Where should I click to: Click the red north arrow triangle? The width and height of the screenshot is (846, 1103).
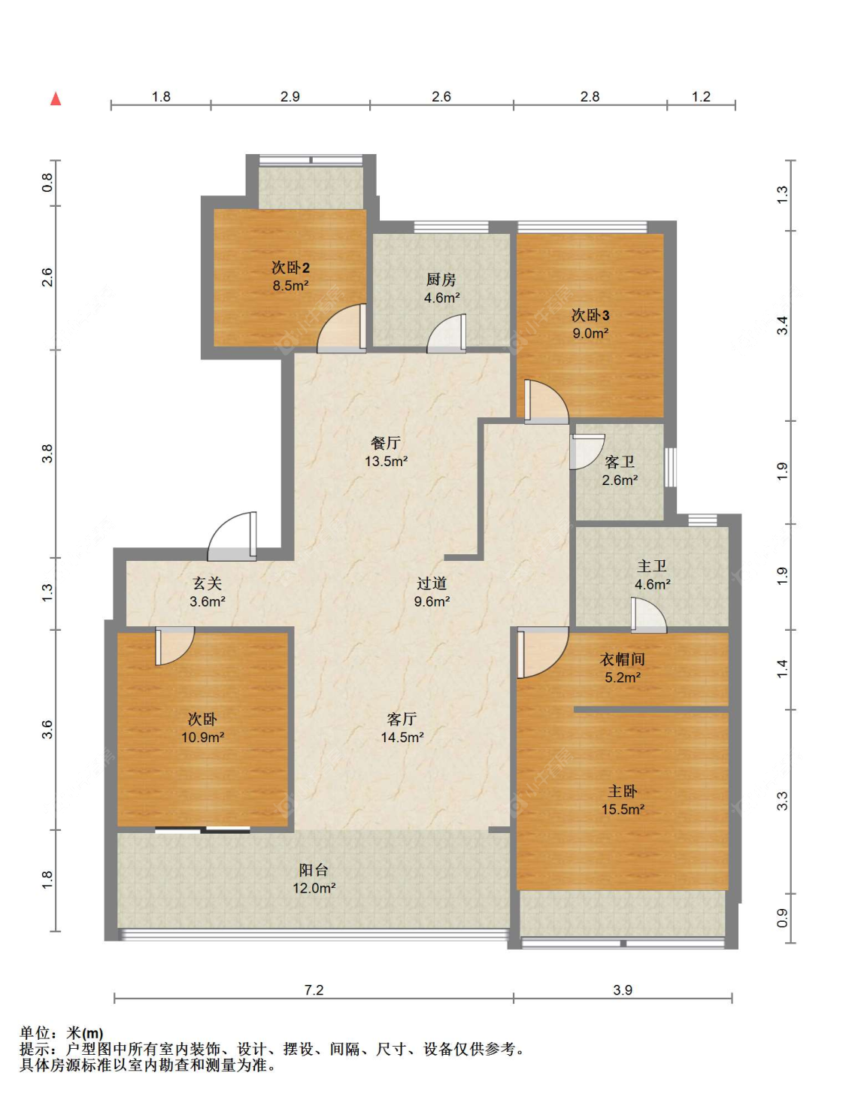coord(56,99)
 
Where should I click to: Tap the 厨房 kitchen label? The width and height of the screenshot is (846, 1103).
coord(441,279)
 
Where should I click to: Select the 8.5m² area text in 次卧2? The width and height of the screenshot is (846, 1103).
coord(291,285)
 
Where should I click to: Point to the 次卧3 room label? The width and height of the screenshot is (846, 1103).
coord(590,315)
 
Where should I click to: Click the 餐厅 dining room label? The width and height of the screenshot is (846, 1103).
coord(386,443)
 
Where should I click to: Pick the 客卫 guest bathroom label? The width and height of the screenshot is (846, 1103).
coord(620,462)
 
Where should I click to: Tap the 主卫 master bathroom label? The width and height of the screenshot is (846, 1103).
coord(652,565)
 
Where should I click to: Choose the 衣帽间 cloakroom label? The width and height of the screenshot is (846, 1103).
coord(622,659)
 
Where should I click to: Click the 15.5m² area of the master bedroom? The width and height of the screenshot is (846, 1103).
coord(623,809)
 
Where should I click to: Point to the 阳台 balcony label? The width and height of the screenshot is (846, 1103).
coord(313,869)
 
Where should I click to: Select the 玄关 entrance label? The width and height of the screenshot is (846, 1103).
coord(207,583)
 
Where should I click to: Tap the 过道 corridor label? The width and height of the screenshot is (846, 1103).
coord(432,583)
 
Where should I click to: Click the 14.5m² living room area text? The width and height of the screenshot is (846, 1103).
coord(402,737)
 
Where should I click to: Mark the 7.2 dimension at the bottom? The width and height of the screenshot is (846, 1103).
coord(314,989)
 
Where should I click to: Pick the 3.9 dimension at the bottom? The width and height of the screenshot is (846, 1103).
coord(622,989)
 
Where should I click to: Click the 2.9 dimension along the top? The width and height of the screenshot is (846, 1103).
coord(290,96)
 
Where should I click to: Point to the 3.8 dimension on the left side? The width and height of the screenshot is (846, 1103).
coord(47,453)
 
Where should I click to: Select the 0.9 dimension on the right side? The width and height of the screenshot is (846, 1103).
coord(782,917)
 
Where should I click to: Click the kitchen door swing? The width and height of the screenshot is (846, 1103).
coord(447,333)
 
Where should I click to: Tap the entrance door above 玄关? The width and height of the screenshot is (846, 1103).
coord(232,536)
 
